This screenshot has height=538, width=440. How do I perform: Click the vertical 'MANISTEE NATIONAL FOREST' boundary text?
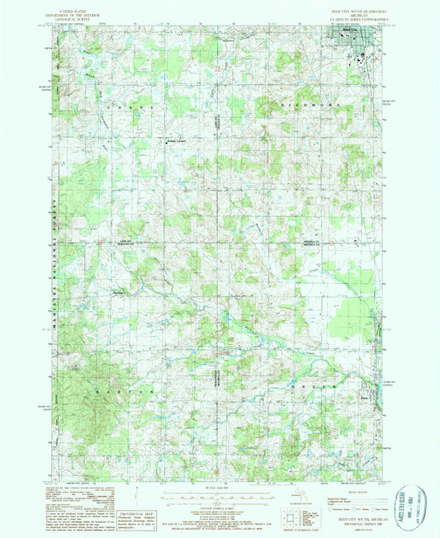click(x=55, y=272)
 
